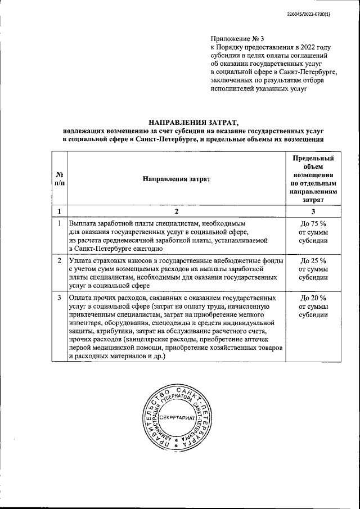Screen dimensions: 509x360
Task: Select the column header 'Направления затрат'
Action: click(x=176, y=178)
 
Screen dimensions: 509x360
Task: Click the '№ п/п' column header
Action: click(x=59, y=178)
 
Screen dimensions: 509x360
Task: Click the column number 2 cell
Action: click(x=176, y=211)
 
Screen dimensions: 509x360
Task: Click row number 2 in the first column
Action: click(x=59, y=260)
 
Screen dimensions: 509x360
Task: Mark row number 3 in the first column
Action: click(x=59, y=298)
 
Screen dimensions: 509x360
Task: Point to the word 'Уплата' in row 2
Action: click(x=83, y=260)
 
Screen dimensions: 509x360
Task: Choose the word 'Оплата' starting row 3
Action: click(x=83, y=298)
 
